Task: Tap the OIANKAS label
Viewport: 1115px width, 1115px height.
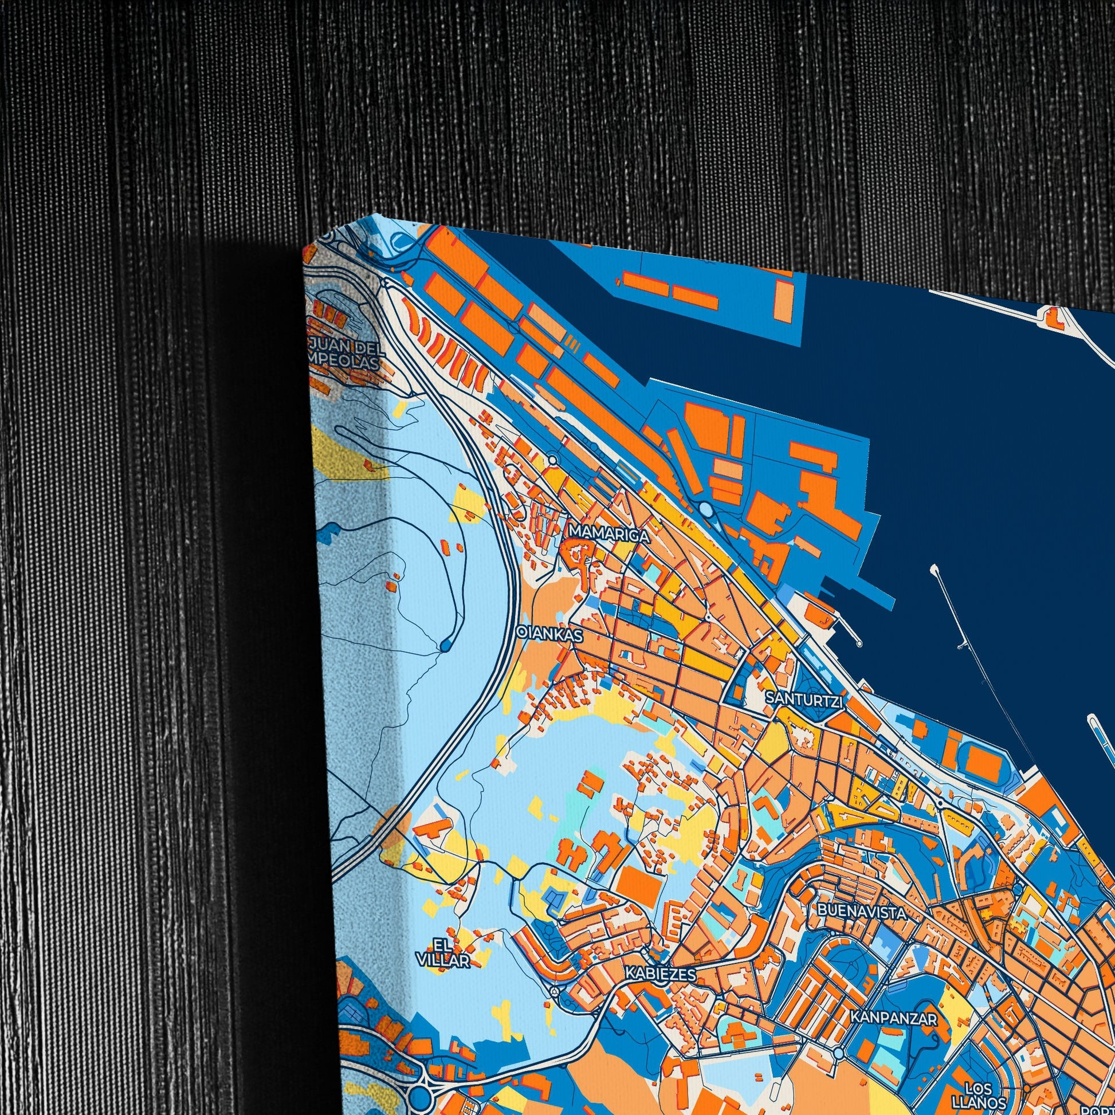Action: tap(549, 633)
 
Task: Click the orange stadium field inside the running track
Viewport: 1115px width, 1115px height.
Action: tap(978, 755)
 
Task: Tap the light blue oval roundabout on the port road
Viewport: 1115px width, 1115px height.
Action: tap(705, 508)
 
